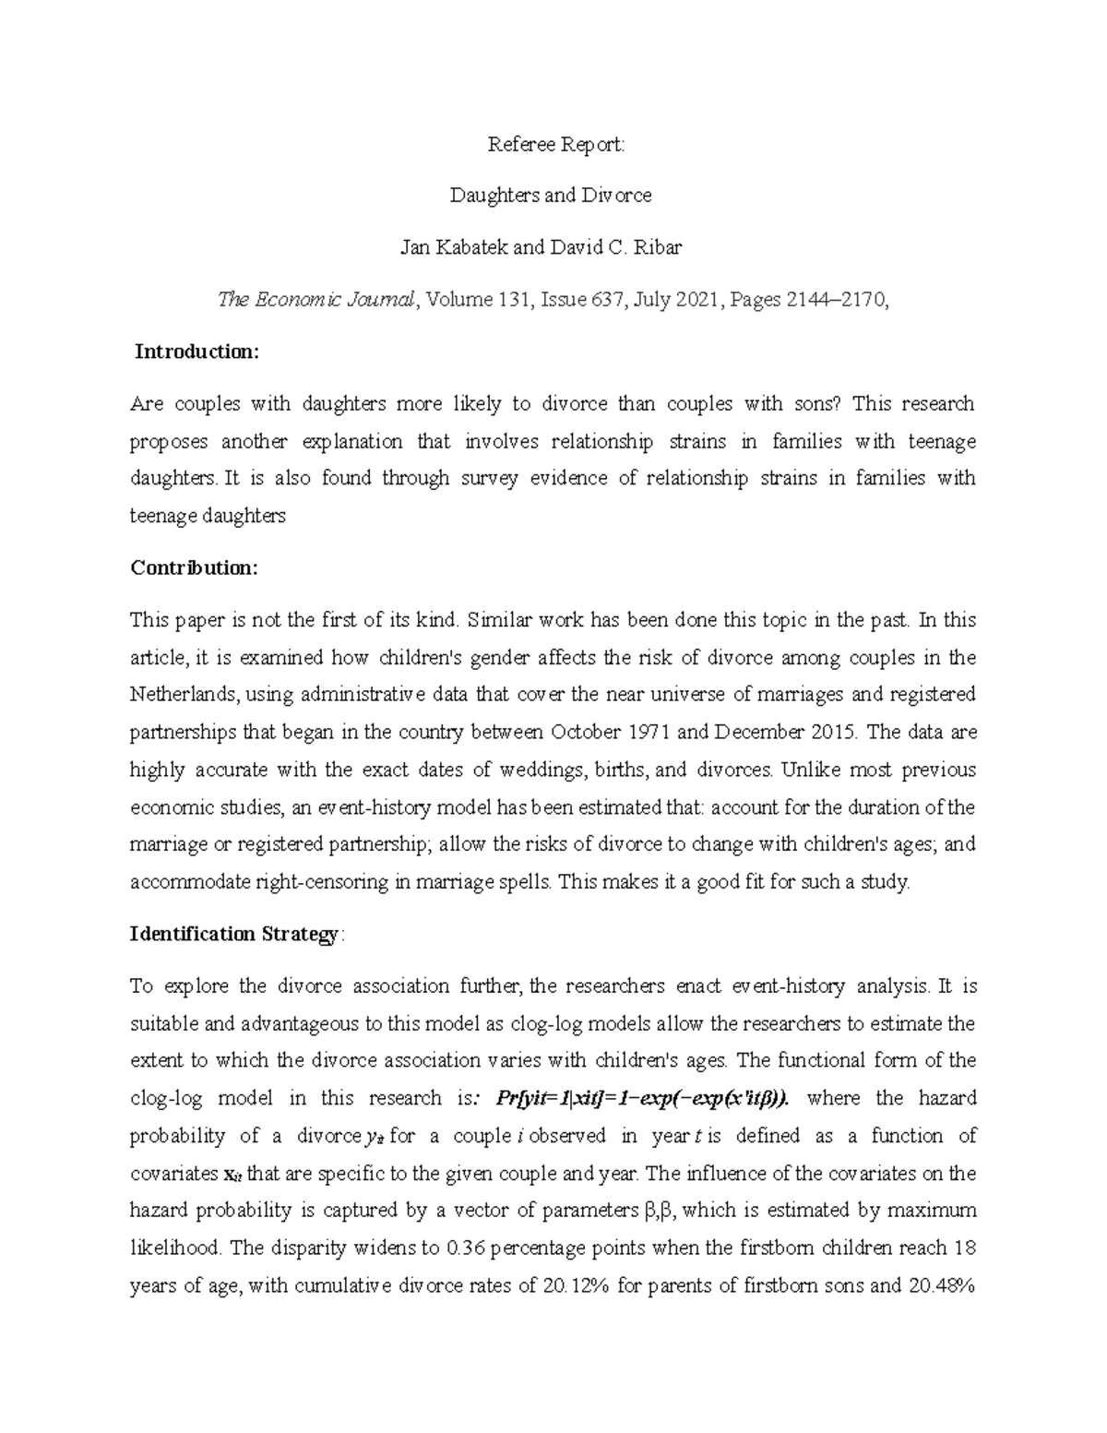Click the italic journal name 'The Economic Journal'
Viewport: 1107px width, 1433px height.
[x=314, y=300]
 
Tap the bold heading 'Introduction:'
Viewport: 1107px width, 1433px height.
[x=197, y=352]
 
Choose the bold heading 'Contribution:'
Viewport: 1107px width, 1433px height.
[x=194, y=568]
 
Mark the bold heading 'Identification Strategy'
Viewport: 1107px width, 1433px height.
[x=234, y=934]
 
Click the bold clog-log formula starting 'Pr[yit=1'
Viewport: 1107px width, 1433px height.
[x=642, y=1098]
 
